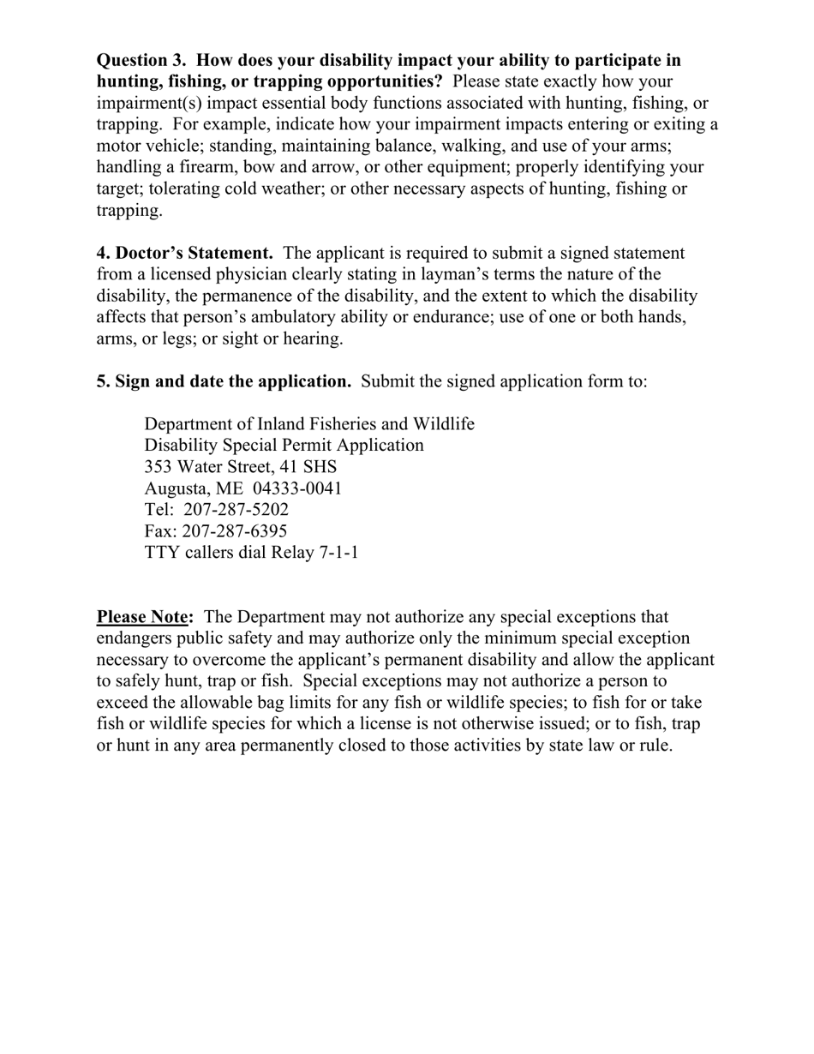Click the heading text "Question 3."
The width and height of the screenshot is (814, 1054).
141,60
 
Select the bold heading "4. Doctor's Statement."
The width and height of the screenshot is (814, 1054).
185,253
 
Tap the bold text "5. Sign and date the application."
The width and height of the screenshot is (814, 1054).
224,381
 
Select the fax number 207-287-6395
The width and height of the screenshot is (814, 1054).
235,531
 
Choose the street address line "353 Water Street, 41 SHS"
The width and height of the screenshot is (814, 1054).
241,467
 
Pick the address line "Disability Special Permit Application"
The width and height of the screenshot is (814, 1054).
284,446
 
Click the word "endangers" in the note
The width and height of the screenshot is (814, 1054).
135,638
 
